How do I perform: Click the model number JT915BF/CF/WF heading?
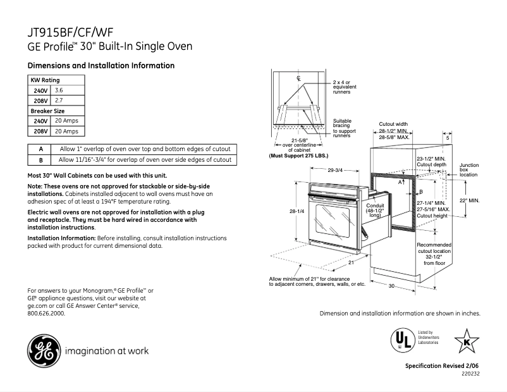click(x=71, y=32)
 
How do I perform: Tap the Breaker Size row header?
click(x=47, y=111)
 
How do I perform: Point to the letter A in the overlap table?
click(x=40, y=149)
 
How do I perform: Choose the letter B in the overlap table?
click(x=40, y=160)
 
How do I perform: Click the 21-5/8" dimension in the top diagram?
click(x=299, y=140)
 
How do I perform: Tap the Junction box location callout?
click(x=468, y=169)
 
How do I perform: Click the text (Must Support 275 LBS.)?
click(x=299, y=155)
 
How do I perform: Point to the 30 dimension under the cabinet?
click(x=391, y=286)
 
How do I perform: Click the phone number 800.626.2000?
click(x=47, y=312)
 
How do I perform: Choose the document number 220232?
click(x=470, y=374)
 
